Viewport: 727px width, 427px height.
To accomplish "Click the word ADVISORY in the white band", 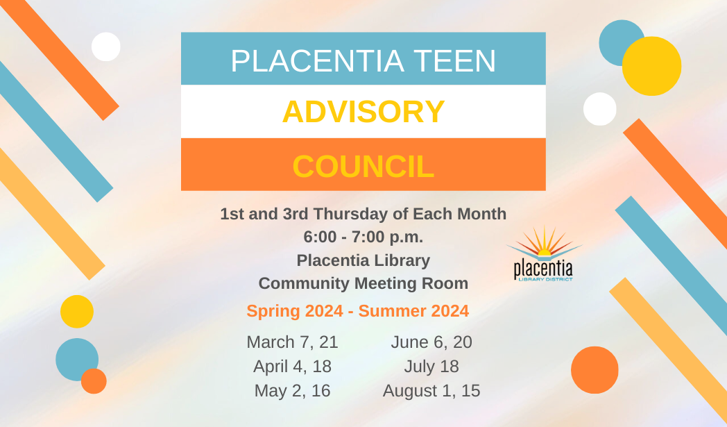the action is click(x=363, y=112).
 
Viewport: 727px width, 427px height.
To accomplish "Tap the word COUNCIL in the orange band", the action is click(x=363, y=166).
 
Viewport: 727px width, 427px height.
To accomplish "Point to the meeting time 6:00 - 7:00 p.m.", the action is click(x=363, y=237).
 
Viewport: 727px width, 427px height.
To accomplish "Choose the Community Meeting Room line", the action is click(x=363, y=283).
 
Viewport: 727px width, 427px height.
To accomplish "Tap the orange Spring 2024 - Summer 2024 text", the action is click(x=358, y=311).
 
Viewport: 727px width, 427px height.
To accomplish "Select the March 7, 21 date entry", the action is click(x=293, y=342).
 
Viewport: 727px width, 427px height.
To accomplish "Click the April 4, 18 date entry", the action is click(x=293, y=367).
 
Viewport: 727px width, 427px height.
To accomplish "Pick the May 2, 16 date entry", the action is click(x=293, y=391).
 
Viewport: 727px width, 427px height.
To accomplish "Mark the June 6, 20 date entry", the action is click(x=431, y=342).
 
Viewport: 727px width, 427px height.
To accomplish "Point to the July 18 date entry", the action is click(x=431, y=367).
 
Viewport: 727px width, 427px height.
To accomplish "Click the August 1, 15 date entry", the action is click(x=431, y=391).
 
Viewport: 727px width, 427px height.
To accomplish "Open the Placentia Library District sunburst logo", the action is click(x=543, y=254).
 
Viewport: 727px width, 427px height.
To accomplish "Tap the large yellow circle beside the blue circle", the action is click(x=651, y=66).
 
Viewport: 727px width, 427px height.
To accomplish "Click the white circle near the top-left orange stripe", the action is click(x=106, y=47).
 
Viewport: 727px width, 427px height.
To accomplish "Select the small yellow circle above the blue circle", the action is click(x=77, y=312).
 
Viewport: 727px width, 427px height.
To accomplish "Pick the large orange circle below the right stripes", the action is click(x=595, y=370).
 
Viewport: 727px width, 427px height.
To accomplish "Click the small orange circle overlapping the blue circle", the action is click(x=94, y=381).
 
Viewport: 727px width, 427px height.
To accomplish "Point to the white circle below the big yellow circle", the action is click(x=600, y=109).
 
